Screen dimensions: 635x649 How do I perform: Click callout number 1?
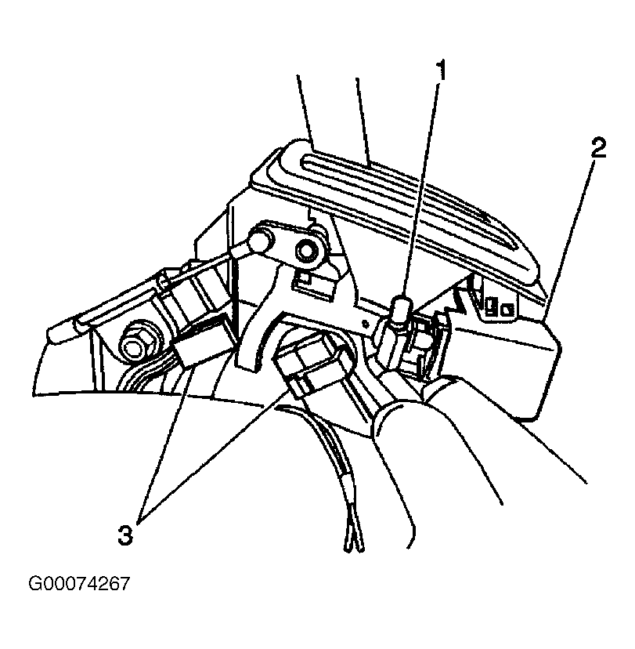[442, 71]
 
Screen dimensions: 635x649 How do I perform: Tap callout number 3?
[125, 535]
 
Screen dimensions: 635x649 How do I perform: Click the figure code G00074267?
[79, 584]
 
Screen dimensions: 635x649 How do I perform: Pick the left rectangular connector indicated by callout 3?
[197, 343]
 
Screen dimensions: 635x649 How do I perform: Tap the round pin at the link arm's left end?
[259, 240]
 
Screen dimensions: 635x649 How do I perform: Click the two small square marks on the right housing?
[499, 308]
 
